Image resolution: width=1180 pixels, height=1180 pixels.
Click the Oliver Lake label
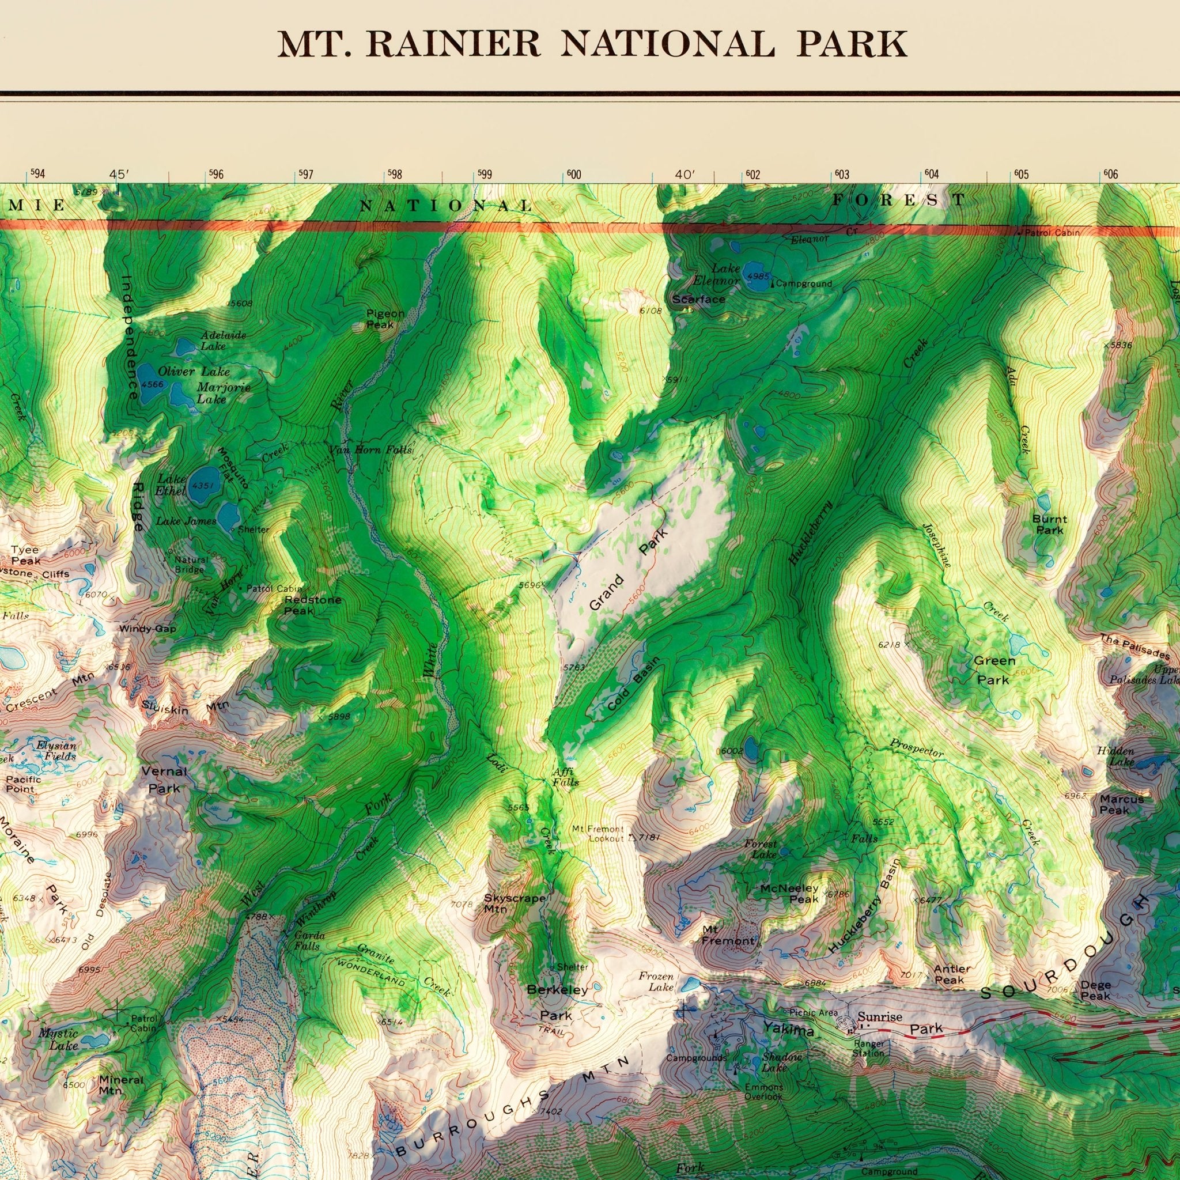point(194,372)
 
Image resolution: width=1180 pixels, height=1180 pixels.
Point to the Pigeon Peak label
point(385,319)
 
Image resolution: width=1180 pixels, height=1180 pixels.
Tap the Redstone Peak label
point(313,604)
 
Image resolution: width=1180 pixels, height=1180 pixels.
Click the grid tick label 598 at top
point(395,175)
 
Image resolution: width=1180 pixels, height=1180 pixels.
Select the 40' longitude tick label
point(685,175)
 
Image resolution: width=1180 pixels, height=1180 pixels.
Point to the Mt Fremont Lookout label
point(599,834)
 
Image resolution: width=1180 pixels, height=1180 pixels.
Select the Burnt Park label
point(1049,525)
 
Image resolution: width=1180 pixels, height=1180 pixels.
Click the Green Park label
point(994,670)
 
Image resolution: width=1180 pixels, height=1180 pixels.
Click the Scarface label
point(699,299)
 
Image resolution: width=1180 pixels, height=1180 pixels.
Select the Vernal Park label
point(164,780)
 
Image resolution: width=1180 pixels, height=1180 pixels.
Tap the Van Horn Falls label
point(370,450)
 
